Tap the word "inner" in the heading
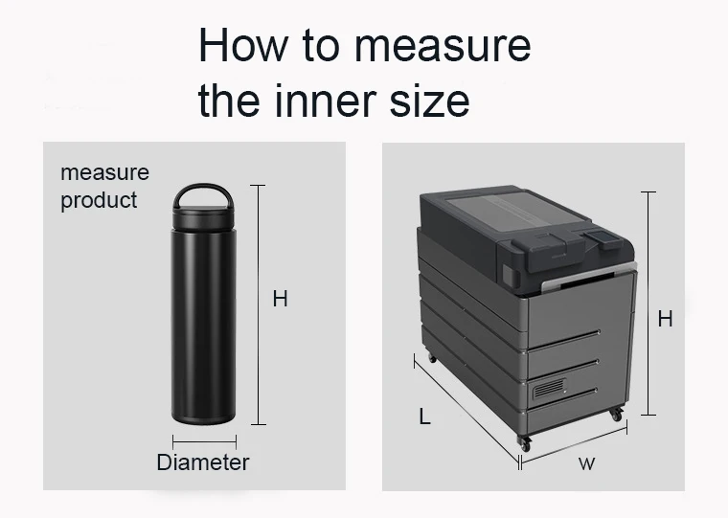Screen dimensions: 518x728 (319, 101)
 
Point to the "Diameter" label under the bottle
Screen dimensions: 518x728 (202, 463)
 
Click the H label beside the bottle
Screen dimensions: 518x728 (280, 300)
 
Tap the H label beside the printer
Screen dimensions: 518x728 (665, 319)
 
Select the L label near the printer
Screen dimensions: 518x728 (424, 417)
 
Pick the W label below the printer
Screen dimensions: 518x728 (586, 465)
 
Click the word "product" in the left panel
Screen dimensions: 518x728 (99, 200)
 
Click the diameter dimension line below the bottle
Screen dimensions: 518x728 (204, 441)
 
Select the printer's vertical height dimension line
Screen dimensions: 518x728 (648, 304)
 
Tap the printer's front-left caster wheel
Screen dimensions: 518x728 (523, 444)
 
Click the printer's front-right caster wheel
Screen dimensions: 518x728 (614, 415)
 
